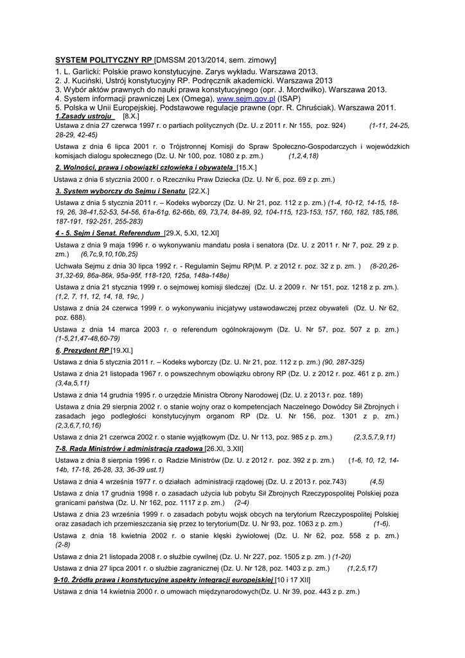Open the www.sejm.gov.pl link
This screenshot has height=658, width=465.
[246, 99]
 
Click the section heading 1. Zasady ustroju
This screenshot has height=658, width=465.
[84, 116]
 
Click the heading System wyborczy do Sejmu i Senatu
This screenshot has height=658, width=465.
[121, 191]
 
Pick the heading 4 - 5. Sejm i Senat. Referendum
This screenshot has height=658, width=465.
[107, 233]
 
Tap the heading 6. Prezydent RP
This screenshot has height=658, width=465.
[82, 350]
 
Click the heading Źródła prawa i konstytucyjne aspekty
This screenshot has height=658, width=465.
[164, 580]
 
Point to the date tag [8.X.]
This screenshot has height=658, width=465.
[130, 116]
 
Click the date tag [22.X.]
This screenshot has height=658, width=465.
[198, 191]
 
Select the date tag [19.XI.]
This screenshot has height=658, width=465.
[121, 350]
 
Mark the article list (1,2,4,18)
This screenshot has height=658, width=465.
[303, 156]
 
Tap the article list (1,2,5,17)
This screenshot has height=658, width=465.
[362, 568]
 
